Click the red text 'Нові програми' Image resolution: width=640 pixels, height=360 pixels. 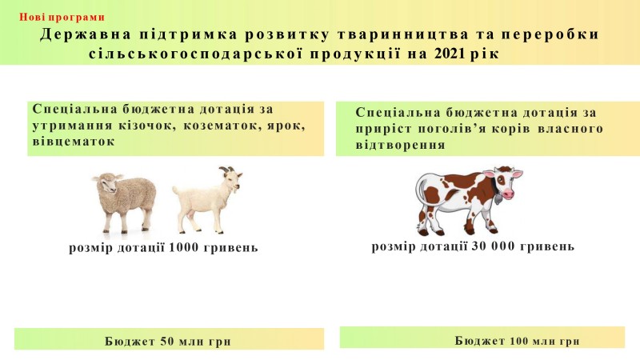(62, 17)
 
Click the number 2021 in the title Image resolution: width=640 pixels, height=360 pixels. (450, 54)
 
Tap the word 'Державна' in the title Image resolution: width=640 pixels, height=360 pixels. (86, 34)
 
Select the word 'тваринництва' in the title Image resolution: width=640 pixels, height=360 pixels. (403, 34)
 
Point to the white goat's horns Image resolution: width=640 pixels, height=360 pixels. (227, 170)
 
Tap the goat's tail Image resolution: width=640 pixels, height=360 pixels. (176, 190)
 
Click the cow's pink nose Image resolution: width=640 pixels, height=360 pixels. (508, 194)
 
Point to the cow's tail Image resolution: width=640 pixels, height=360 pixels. (421, 196)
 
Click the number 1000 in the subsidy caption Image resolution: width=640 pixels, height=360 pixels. (184, 247)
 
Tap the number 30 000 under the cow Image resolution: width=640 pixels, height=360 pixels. (493, 246)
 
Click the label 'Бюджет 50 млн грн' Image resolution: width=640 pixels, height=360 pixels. (168, 342)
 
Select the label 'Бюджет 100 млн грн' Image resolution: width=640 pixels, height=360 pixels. (517, 341)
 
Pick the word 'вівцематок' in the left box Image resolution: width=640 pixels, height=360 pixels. (74, 142)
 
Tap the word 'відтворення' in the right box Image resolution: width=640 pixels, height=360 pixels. (400, 145)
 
